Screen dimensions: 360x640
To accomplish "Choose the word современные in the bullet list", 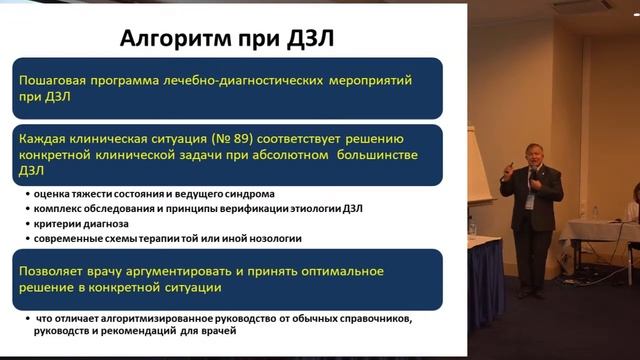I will tap(71, 238).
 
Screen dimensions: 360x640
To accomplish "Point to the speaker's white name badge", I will tap(530, 201).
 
